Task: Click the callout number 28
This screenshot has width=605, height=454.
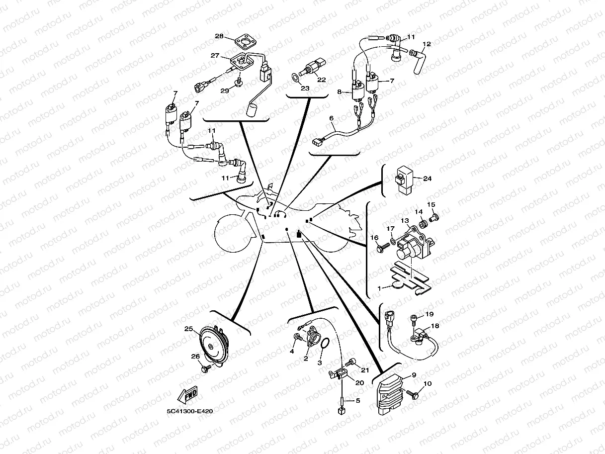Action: tap(219, 36)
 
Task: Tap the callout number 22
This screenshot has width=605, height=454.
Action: tap(321, 80)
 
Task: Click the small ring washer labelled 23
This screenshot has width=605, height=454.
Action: tap(295, 78)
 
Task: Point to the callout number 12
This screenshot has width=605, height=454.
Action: tap(427, 44)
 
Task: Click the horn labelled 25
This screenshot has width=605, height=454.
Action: tap(214, 347)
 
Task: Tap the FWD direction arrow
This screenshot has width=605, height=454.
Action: tap(187, 394)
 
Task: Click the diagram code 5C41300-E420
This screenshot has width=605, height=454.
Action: tap(189, 411)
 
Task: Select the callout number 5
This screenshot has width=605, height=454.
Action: tap(358, 400)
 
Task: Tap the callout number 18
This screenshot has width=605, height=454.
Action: tap(435, 326)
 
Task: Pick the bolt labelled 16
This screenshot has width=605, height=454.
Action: tap(383, 247)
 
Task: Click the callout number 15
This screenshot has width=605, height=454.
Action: tap(431, 204)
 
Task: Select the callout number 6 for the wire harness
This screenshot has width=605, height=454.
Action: tap(331, 118)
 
